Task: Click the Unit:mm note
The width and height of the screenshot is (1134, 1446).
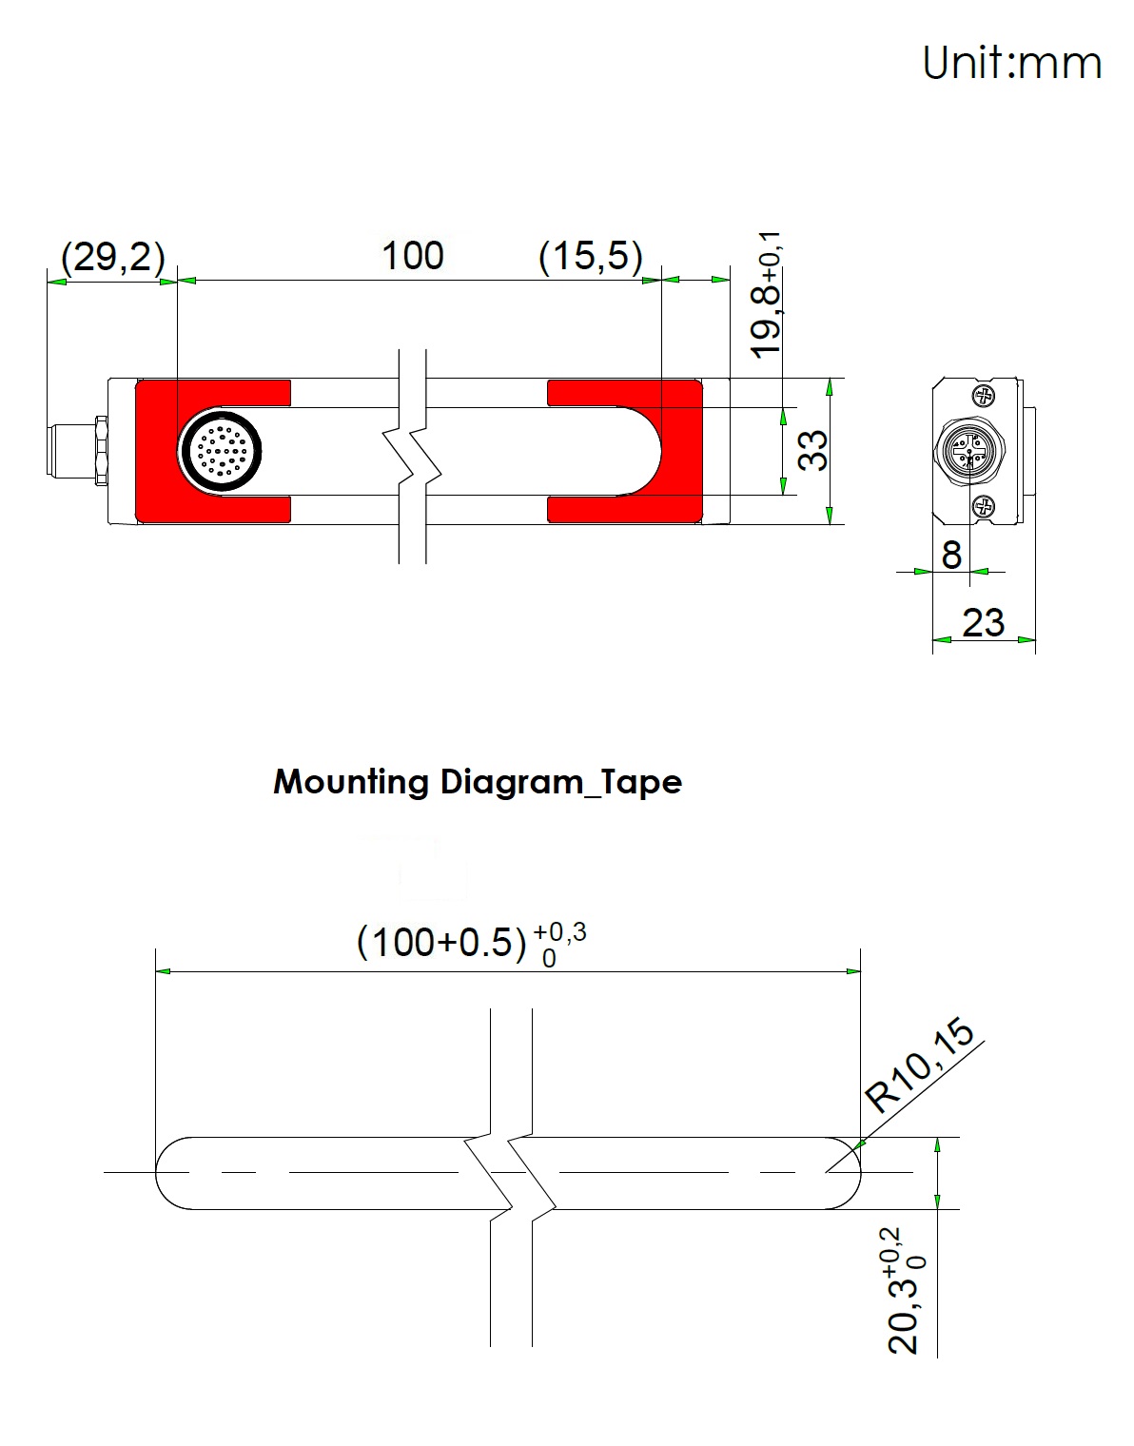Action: click(x=1011, y=63)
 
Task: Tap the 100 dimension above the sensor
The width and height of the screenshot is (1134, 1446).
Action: click(x=413, y=256)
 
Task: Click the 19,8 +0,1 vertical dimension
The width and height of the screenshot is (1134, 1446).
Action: click(x=768, y=296)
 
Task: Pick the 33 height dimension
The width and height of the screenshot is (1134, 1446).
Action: click(x=812, y=451)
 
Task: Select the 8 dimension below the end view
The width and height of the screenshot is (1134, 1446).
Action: click(x=951, y=555)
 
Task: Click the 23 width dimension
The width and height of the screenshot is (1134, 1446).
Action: click(x=983, y=623)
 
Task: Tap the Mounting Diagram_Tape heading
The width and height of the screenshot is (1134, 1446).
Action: click(x=478, y=782)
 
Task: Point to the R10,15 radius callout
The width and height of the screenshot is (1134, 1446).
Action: click(x=920, y=1065)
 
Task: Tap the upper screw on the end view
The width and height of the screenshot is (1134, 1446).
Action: click(x=984, y=397)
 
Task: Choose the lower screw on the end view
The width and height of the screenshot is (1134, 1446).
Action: click(x=984, y=508)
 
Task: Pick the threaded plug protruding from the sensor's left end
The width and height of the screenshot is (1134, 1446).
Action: click(x=76, y=450)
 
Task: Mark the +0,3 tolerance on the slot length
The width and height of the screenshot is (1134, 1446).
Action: click(x=559, y=933)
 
